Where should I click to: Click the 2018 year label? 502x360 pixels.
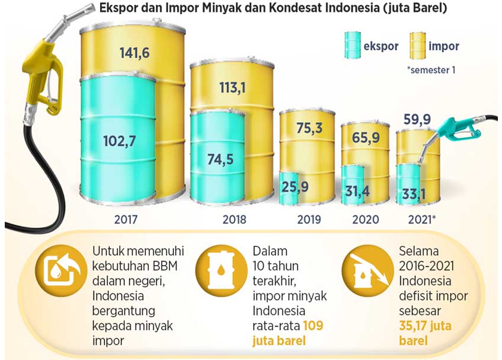pyautogui.click(x=234, y=219)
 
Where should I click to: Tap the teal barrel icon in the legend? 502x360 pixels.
pyautogui.click(x=354, y=45)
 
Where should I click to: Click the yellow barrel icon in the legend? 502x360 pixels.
pyautogui.click(x=417, y=46)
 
